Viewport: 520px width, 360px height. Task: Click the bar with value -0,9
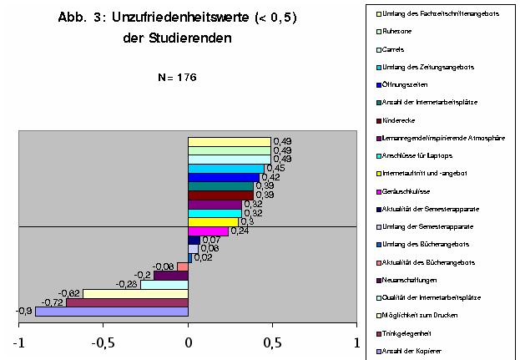click(x=112, y=312)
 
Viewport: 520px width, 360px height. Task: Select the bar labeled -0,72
click(x=127, y=302)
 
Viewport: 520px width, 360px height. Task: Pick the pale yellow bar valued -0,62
click(x=135, y=293)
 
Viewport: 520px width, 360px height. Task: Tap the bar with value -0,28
click(x=164, y=285)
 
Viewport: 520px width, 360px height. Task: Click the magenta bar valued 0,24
click(x=208, y=231)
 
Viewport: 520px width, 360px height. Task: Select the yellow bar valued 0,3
click(x=213, y=222)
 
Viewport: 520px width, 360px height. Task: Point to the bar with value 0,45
click(x=226, y=168)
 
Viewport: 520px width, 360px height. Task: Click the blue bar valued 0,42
click(x=224, y=177)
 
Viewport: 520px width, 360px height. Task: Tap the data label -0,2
click(x=143, y=276)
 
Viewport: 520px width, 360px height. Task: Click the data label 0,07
click(x=210, y=241)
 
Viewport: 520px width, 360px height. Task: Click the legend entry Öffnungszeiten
click(x=404, y=84)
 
